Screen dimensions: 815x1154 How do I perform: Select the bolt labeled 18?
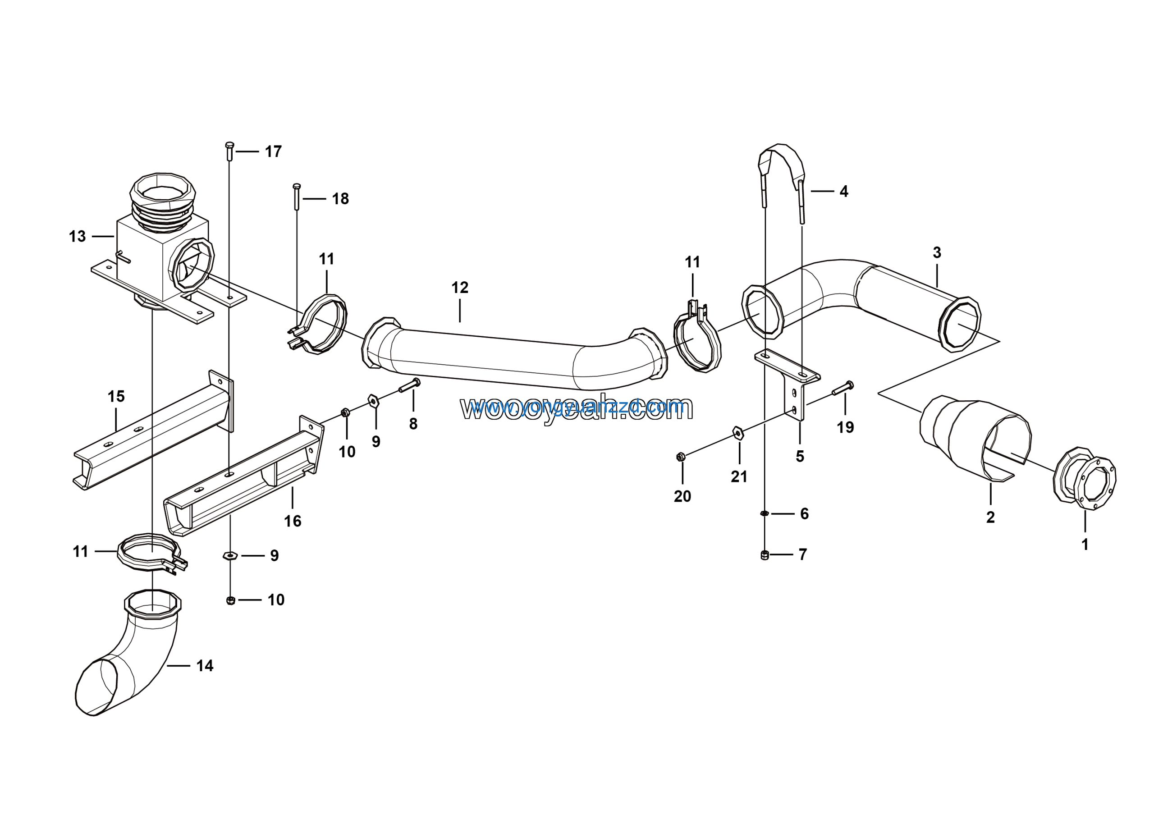tap(297, 197)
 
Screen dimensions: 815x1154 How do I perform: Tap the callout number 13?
tap(78, 236)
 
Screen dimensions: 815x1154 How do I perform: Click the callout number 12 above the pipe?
tap(459, 288)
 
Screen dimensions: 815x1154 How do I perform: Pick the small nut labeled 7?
tap(765, 555)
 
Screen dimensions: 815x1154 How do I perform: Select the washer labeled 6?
tap(764, 513)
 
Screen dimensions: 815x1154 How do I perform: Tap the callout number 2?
tap(990, 517)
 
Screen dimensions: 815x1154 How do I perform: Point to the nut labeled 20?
tap(681, 457)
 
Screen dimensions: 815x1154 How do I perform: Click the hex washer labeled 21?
tap(738, 433)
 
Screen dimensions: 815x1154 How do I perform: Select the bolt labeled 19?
tap(843, 389)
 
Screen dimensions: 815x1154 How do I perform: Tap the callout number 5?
tap(800, 456)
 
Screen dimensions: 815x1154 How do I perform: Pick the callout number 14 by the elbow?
tap(205, 666)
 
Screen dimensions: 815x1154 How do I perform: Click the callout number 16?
tap(293, 521)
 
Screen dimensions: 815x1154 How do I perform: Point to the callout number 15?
tap(116, 396)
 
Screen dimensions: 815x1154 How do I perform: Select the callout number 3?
tap(936, 252)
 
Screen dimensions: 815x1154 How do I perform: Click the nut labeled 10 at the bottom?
tap(231, 600)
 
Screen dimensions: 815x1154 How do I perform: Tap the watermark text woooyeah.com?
tap(577, 408)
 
